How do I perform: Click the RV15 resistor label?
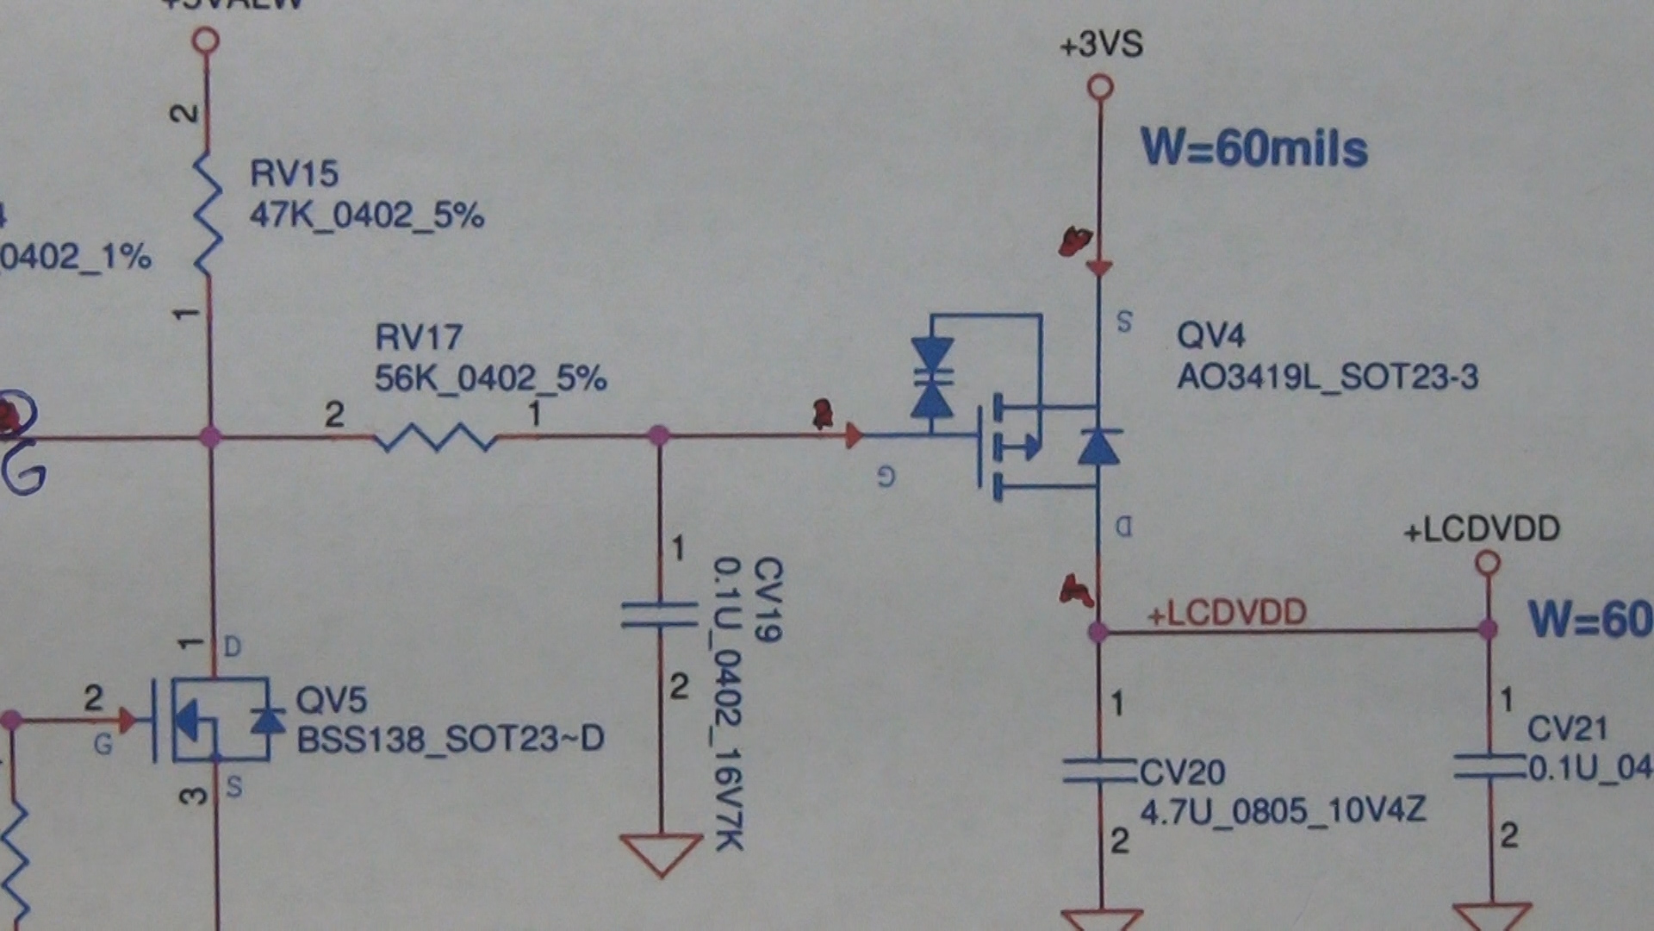pos(294,173)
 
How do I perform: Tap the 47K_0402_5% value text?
pos(366,215)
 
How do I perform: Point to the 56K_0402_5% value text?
pos(490,378)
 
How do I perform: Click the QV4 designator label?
pos(1210,334)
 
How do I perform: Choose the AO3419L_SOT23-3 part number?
pos(1327,377)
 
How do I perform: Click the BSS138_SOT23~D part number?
pos(450,739)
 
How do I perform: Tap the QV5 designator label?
pos(331,699)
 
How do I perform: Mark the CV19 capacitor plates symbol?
pos(660,615)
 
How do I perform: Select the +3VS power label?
pos(1101,44)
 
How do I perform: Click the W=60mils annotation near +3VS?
pos(1253,148)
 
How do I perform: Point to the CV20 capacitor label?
pos(1182,772)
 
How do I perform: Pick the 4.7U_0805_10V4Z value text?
pos(1283,811)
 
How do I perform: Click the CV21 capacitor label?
pos(1567,729)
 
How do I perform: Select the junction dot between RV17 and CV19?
pos(659,435)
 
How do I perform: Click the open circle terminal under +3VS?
pos(1100,87)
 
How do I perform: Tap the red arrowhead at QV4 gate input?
pos(853,435)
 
